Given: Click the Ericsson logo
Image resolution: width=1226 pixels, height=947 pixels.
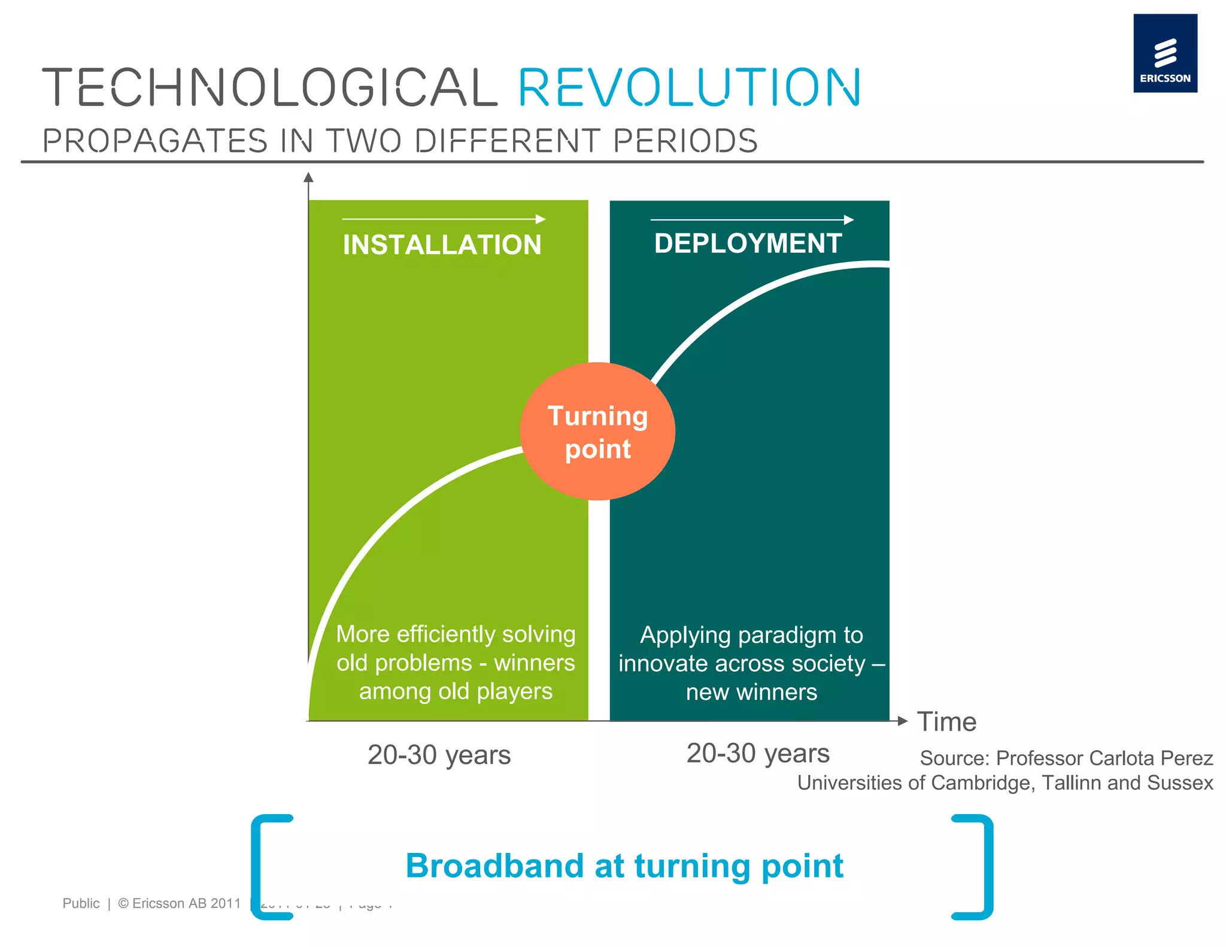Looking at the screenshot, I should tap(1164, 53).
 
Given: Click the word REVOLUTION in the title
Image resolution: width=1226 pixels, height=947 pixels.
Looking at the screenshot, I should tap(688, 88).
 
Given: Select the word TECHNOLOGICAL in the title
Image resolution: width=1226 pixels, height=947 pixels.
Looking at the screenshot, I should tap(269, 88).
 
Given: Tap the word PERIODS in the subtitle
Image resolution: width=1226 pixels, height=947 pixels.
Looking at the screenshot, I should tap(685, 141).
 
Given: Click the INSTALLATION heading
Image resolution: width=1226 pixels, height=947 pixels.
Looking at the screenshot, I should tap(442, 245).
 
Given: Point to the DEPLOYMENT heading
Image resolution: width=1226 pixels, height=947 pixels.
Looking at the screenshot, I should tap(748, 244).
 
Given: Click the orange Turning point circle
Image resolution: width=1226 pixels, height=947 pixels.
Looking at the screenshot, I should tap(597, 432).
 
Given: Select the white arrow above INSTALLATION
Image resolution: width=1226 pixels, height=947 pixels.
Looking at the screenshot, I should tap(444, 219).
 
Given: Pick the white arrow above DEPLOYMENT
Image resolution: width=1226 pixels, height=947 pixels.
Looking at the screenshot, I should tap(752, 220).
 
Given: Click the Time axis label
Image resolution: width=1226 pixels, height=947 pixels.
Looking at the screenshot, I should tap(946, 722).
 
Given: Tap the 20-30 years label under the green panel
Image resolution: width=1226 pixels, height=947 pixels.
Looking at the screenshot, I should tap(439, 755).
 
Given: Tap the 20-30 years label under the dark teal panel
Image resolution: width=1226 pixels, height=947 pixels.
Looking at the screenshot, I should tap(757, 754).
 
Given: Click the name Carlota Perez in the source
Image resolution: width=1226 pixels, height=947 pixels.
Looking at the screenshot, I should tap(1104, 758).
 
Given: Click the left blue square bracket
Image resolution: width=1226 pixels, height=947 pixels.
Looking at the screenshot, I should tap(266, 867).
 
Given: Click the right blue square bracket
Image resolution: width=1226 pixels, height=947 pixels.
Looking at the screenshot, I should tap(977, 867).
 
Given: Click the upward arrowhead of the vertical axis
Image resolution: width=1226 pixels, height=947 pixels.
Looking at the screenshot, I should tap(308, 177).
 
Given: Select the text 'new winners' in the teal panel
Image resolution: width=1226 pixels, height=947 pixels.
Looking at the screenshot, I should tap(751, 693).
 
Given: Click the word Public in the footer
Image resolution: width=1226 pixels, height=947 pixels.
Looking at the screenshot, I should tap(81, 903).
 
